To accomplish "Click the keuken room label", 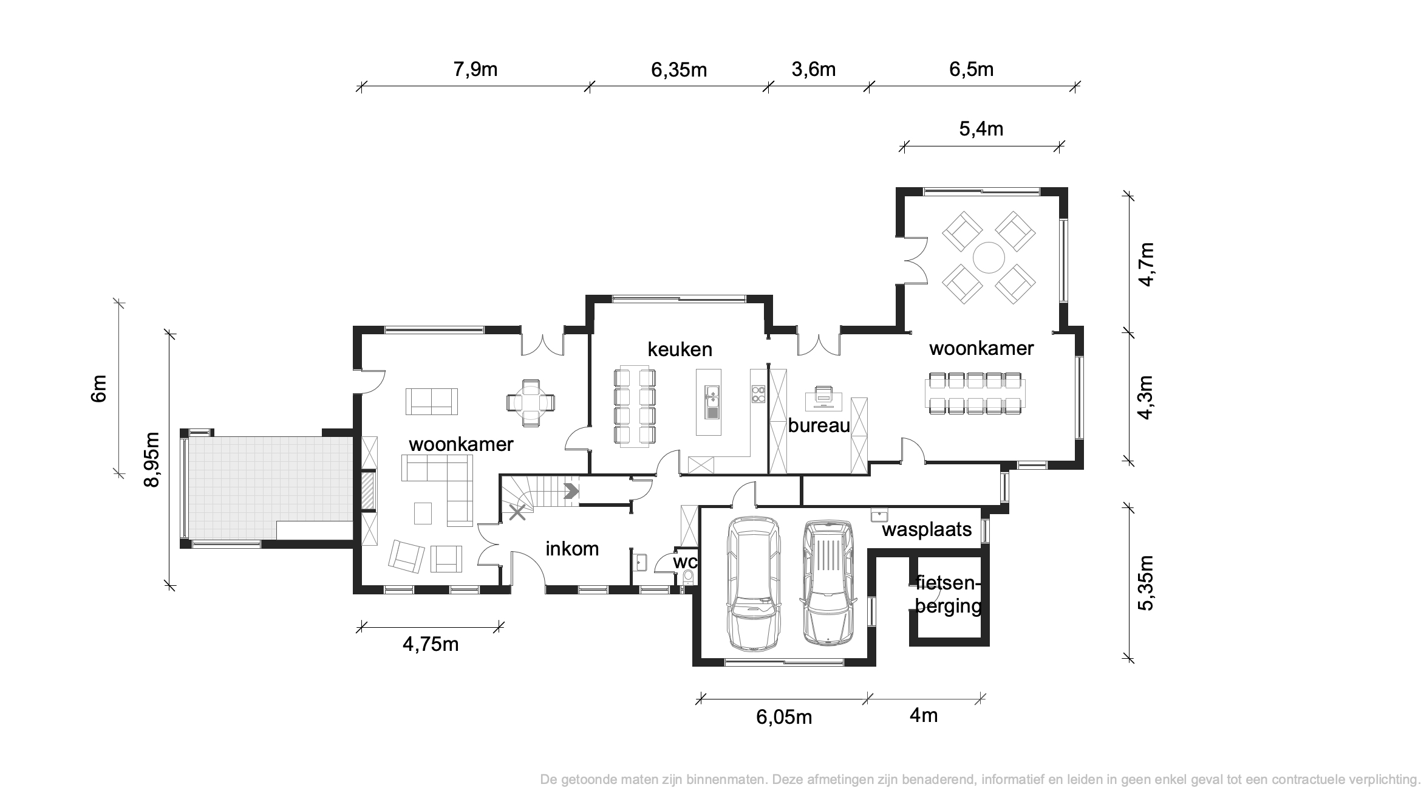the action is (x=680, y=349).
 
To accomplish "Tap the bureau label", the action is (x=819, y=426).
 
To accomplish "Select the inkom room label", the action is (x=572, y=549).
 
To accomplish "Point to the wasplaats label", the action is (x=927, y=529).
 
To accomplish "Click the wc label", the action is (x=684, y=562).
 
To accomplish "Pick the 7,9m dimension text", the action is (x=475, y=69).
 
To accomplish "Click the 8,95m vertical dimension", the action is (x=151, y=459).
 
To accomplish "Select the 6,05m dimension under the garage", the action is (x=783, y=717).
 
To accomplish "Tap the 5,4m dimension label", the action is (x=981, y=129).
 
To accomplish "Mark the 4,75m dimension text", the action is (x=431, y=644).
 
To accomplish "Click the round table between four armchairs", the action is (x=989, y=258).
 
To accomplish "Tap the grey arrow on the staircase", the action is (x=571, y=491).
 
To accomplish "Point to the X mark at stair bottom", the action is (x=517, y=512).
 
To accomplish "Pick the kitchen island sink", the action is (x=711, y=402).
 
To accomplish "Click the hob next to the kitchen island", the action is (x=758, y=394).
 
